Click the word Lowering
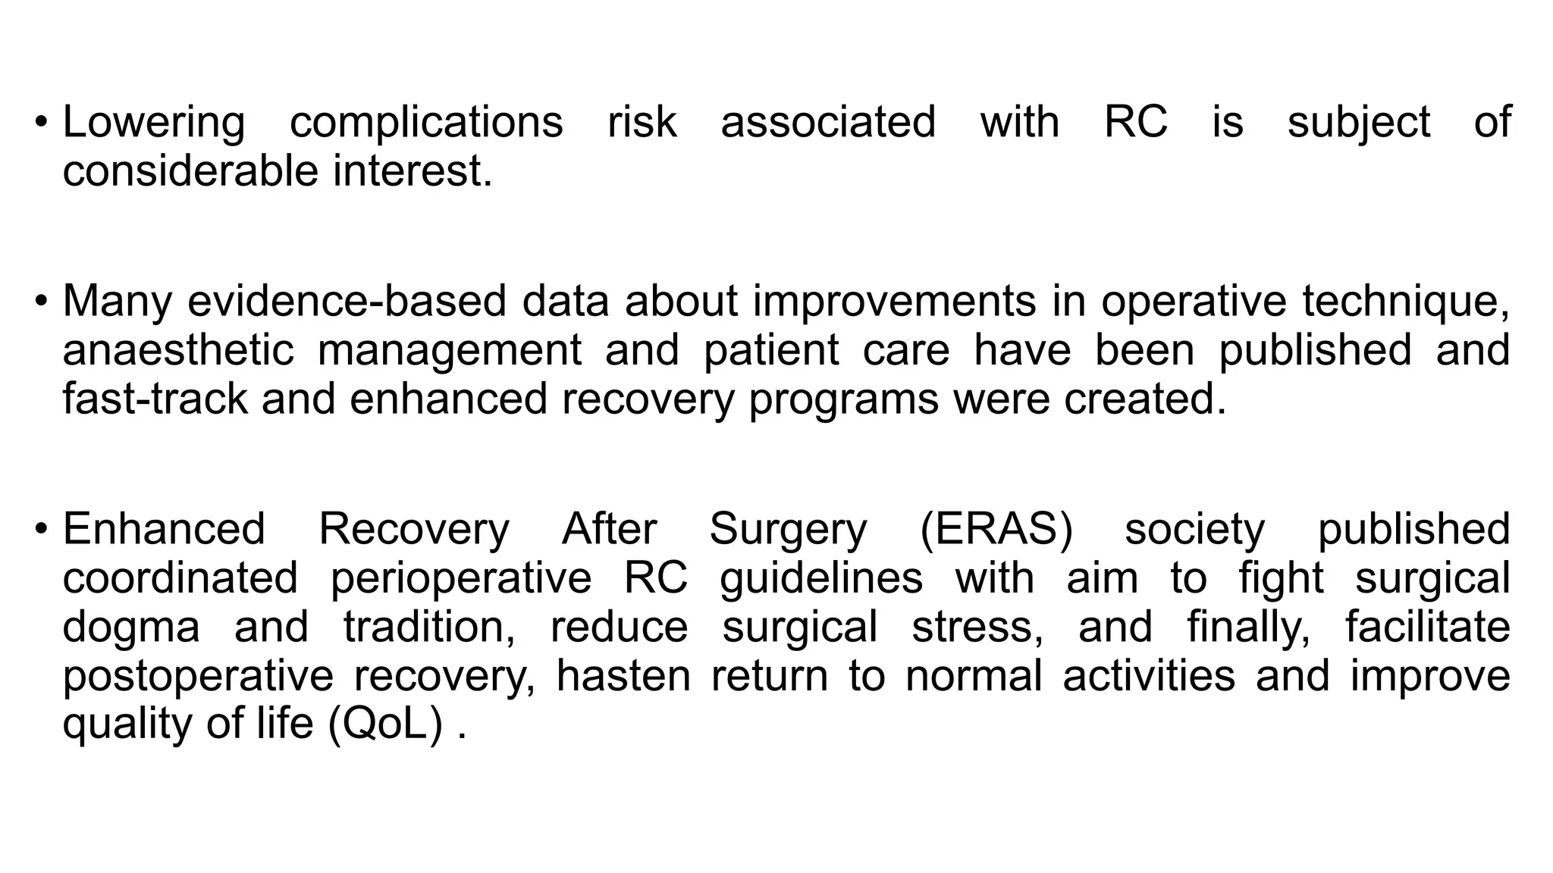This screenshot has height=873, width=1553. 153,124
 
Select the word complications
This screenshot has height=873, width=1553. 426,124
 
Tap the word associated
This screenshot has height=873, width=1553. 828,122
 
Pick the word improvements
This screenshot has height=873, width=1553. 894,302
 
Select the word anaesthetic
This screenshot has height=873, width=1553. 178,350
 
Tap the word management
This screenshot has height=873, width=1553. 450,352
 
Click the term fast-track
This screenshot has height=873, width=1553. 155,399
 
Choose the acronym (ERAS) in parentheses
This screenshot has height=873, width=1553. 996,529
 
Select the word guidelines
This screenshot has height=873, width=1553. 821,579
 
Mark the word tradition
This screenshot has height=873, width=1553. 429,627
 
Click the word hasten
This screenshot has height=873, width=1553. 623,676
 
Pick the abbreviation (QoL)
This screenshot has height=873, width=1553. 386,724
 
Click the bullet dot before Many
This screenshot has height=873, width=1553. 41,302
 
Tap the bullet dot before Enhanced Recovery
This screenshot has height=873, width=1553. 41,530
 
